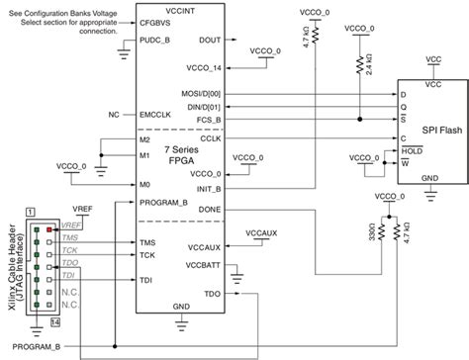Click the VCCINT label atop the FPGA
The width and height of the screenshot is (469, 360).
[181, 8]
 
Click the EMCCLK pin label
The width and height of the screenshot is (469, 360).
[156, 115]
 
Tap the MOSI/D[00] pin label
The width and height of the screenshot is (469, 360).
[202, 93]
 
